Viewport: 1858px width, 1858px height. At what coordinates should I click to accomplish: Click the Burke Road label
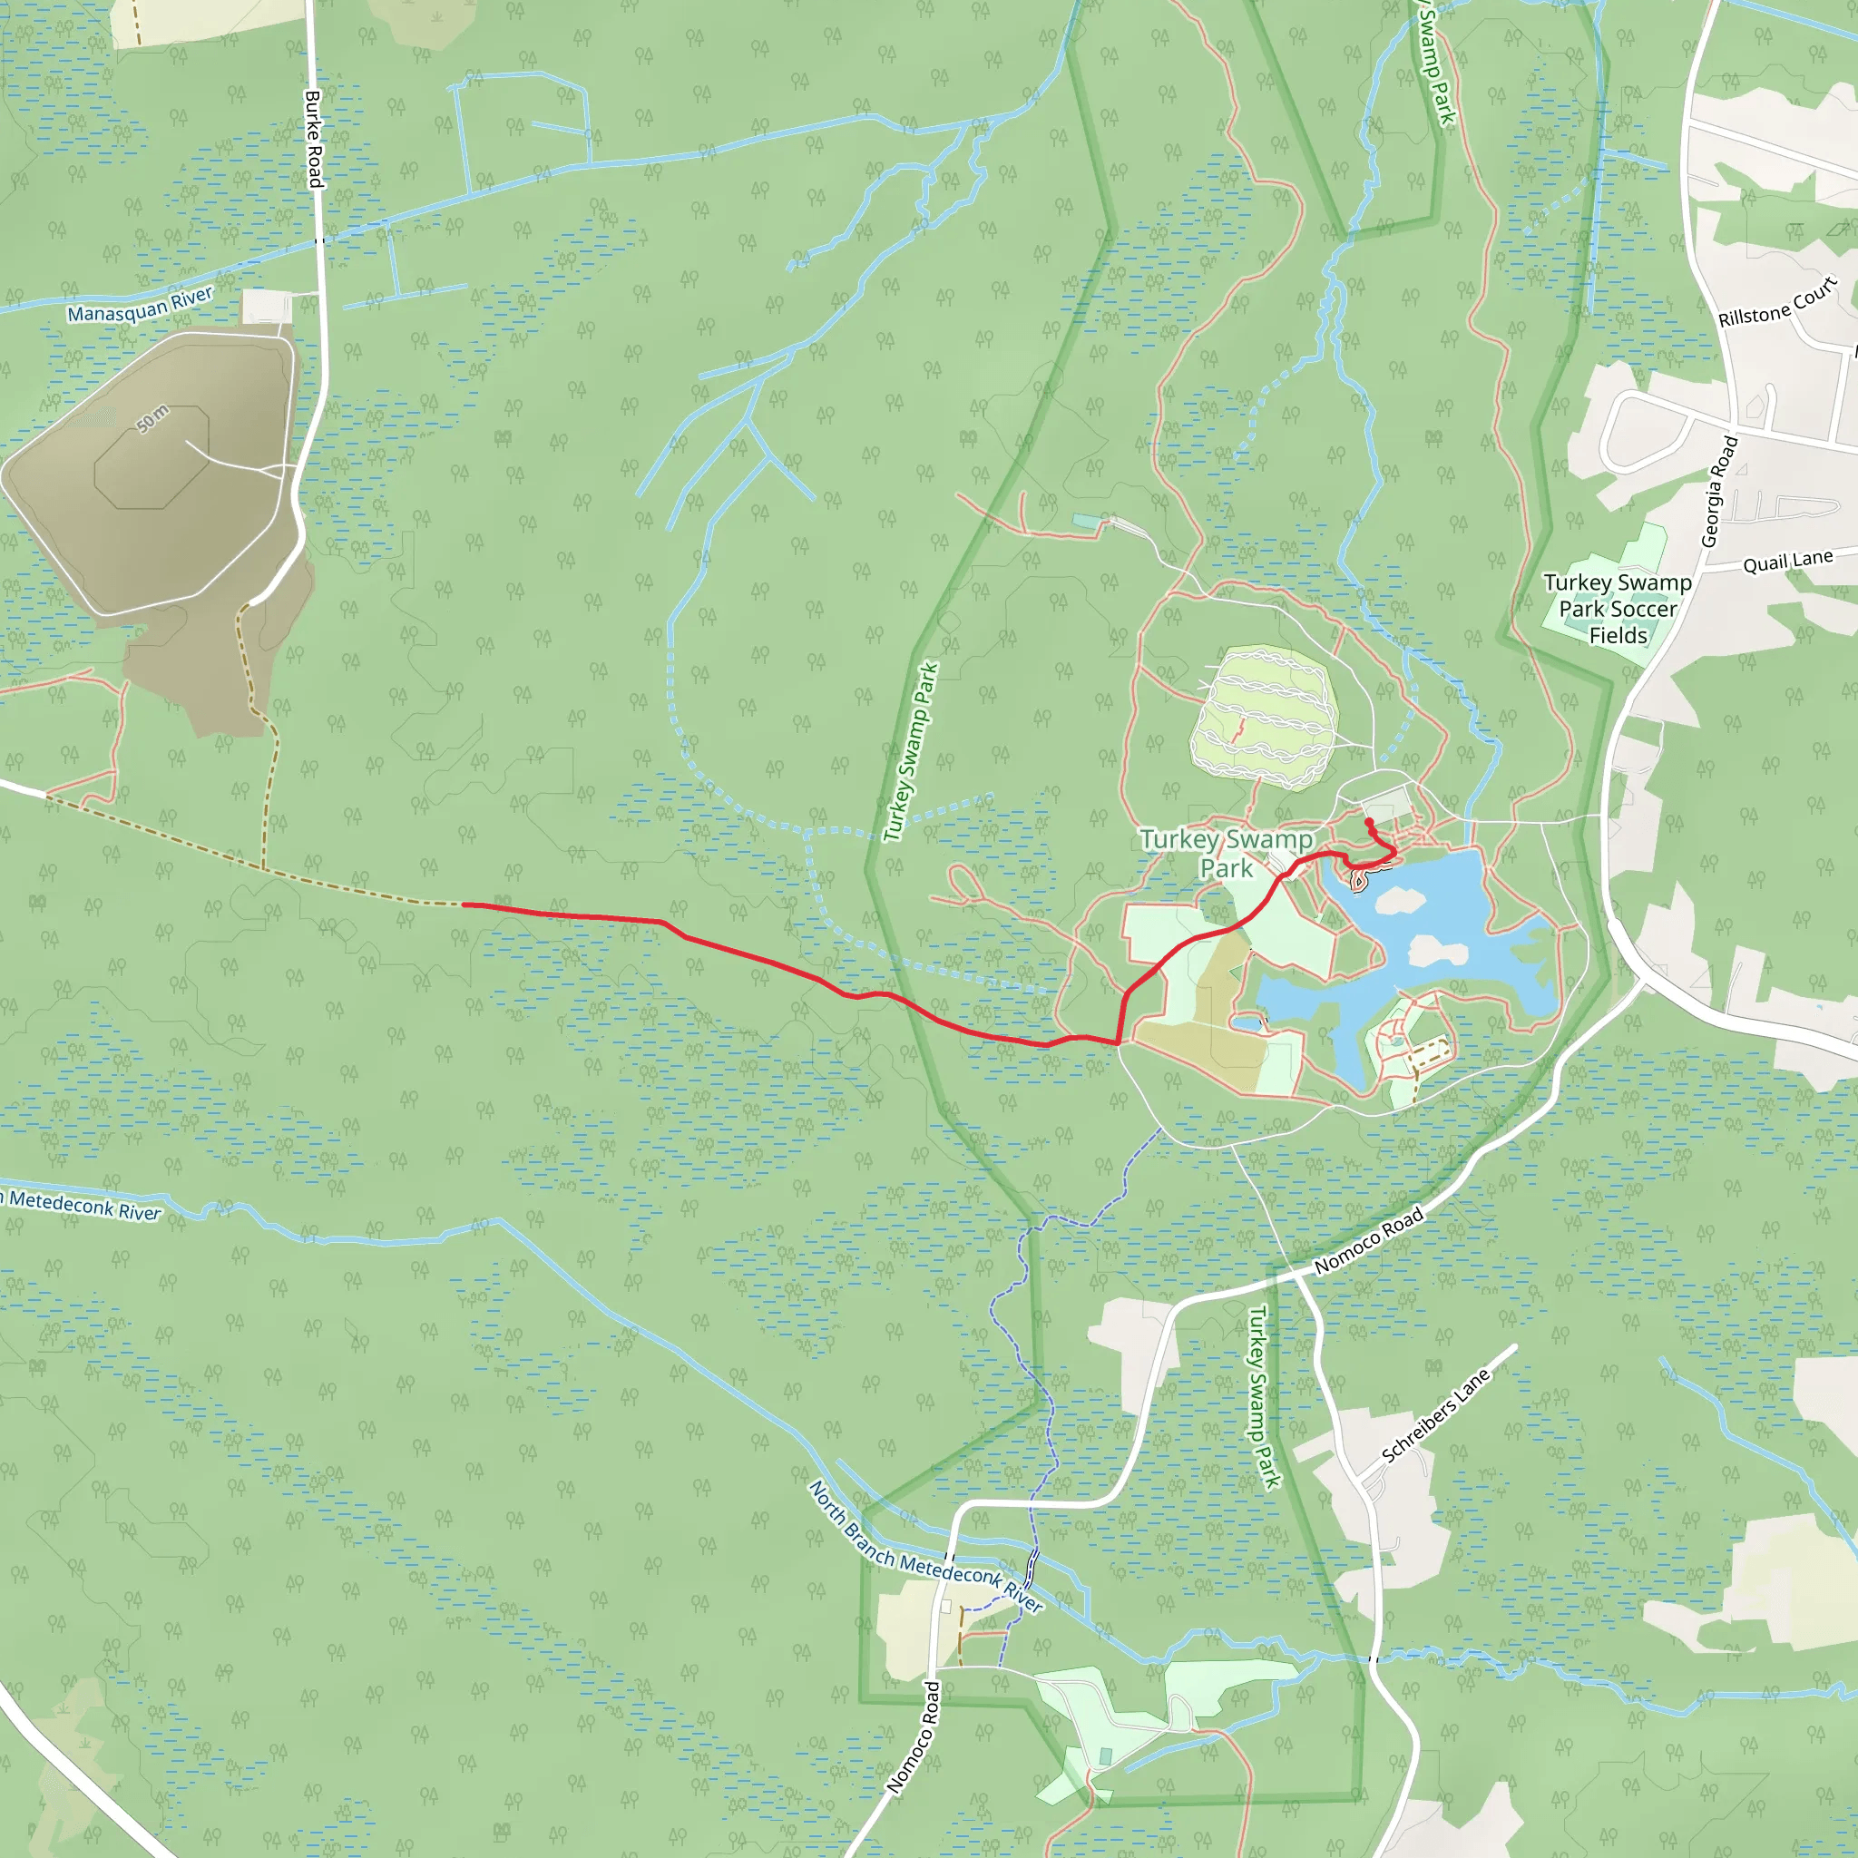coord(314,139)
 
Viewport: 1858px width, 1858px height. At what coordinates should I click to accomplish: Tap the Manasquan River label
coord(140,305)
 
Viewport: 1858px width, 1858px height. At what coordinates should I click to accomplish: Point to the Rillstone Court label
coord(1777,303)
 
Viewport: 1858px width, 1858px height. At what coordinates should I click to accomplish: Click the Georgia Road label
coord(1719,492)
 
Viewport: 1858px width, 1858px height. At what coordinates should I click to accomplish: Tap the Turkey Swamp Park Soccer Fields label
coord(1618,609)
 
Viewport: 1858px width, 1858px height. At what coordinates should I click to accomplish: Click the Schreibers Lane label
coord(1435,1414)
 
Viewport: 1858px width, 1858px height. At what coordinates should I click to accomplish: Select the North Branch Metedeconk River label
coord(924,1548)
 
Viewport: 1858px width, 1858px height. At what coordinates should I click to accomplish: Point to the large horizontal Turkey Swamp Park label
coord(1227,853)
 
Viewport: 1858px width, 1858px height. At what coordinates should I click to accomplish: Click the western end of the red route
coord(465,904)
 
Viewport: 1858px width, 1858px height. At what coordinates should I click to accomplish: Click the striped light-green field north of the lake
coord(1264,718)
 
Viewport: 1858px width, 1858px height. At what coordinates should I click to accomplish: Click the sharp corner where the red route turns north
coord(1119,1042)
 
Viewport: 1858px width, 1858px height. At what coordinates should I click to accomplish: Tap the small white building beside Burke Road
coord(267,306)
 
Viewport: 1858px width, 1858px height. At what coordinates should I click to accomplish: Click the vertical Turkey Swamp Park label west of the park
coord(910,751)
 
